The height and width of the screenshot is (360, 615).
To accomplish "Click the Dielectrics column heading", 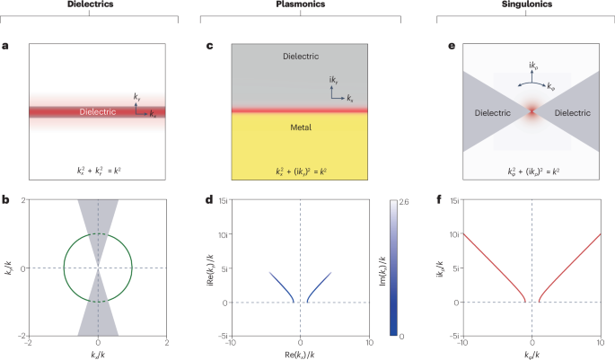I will pos(97,4).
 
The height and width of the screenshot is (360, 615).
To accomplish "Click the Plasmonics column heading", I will pos(299,4).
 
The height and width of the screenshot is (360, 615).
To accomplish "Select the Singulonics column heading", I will pos(532,4).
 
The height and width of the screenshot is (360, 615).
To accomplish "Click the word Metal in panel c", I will pos(299,128).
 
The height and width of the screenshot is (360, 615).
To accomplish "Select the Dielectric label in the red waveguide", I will pos(97,113).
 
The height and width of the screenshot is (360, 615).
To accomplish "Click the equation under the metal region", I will pos(299,169).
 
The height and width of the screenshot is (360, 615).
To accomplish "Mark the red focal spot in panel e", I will pos(532,112).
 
